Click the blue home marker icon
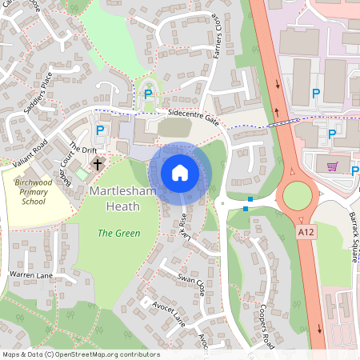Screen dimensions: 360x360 180,172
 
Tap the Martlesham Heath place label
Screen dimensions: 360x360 116,199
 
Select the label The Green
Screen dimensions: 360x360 118,234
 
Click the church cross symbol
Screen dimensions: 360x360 98,164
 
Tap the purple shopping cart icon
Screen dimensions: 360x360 332,166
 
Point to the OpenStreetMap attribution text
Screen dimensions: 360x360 81,354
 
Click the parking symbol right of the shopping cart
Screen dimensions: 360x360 354,170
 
